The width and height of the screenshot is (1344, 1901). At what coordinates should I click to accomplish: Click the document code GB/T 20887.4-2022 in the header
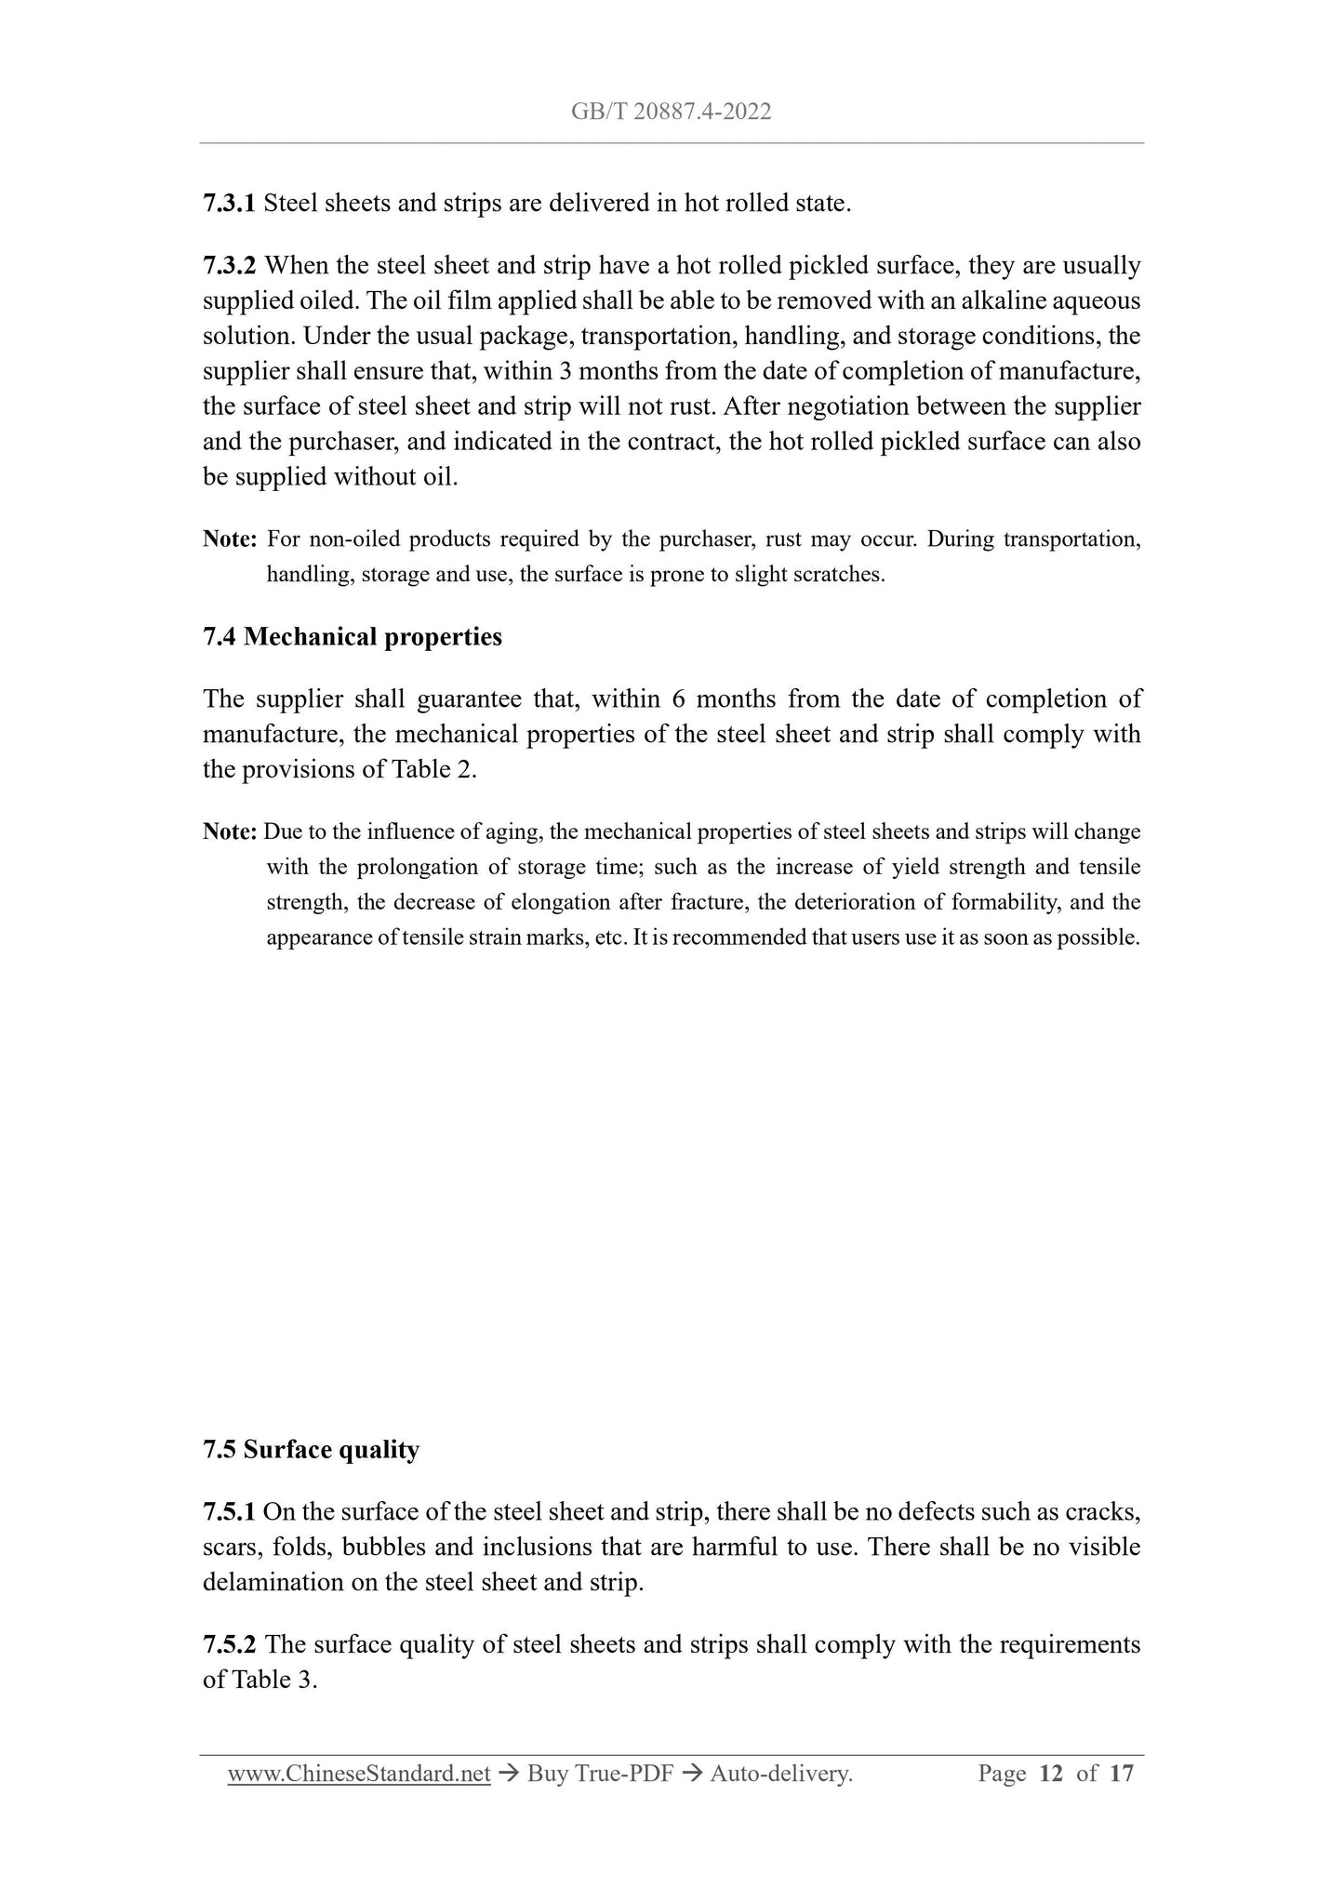671,113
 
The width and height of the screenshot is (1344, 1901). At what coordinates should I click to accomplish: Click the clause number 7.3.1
229,203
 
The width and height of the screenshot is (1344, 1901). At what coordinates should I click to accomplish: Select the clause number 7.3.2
229,266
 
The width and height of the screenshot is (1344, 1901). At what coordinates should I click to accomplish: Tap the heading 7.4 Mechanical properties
352,637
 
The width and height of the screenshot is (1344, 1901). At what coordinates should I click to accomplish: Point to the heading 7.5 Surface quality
311,1450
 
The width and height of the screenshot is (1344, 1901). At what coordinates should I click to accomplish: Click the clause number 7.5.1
229,1512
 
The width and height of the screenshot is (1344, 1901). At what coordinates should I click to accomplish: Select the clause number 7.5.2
229,1644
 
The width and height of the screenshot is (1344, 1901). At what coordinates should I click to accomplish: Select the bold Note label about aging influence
230,831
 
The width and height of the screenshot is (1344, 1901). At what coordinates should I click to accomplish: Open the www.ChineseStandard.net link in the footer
359,1774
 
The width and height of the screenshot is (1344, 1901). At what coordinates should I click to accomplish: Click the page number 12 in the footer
1051,1774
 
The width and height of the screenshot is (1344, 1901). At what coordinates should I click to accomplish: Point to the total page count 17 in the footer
1122,1774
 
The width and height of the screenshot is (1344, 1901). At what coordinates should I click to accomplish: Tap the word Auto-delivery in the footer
779,1774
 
